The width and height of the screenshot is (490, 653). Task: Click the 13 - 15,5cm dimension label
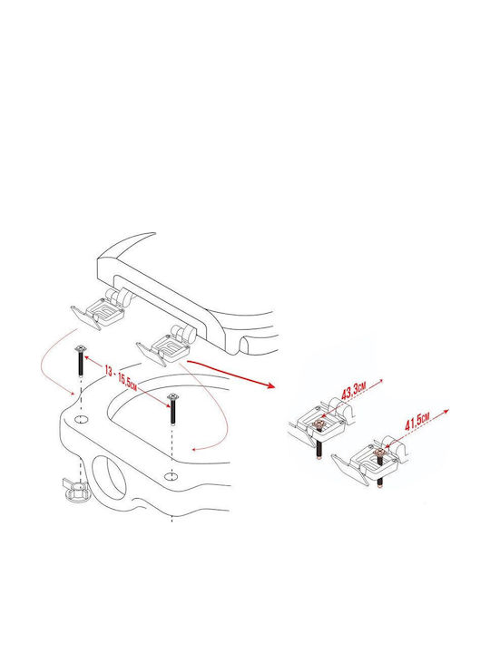121,377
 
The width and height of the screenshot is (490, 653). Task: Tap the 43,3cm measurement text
354,392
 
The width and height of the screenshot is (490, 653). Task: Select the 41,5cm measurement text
417,422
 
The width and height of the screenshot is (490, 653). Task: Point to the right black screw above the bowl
173,409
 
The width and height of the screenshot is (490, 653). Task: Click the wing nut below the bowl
75,487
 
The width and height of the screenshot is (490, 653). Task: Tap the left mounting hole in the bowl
81,418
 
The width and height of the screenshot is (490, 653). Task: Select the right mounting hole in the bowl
170,476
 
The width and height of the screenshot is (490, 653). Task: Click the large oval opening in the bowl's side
108,476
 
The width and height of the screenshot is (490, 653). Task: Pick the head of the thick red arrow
270,385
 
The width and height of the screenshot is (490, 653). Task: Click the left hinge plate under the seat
98,311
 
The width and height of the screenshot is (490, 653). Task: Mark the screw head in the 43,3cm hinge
318,425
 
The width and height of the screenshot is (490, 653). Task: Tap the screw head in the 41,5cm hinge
378,453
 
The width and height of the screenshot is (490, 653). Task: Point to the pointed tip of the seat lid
154,233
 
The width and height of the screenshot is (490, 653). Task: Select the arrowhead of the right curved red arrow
193,449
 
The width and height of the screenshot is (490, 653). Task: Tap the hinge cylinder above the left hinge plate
119,297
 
